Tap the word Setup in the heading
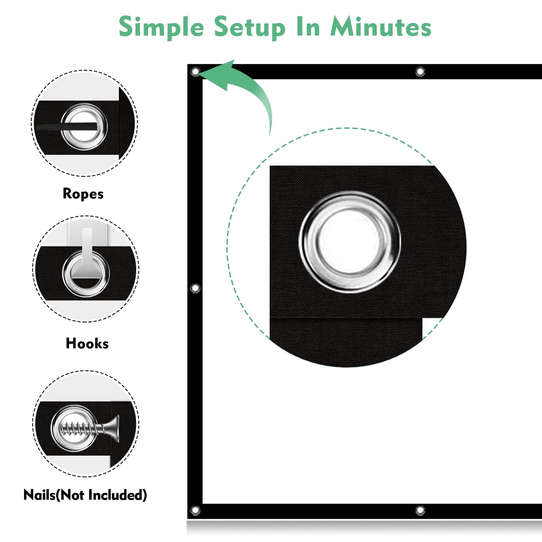(x=249, y=28)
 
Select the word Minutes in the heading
(x=381, y=26)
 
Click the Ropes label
(x=83, y=194)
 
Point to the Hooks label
(x=87, y=344)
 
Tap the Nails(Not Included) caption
(x=85, y=495)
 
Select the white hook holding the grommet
(x=86, y=253)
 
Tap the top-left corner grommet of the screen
(x=195, y=72)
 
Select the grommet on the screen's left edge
(x=195, y=288)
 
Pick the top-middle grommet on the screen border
(x=420, y=72)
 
